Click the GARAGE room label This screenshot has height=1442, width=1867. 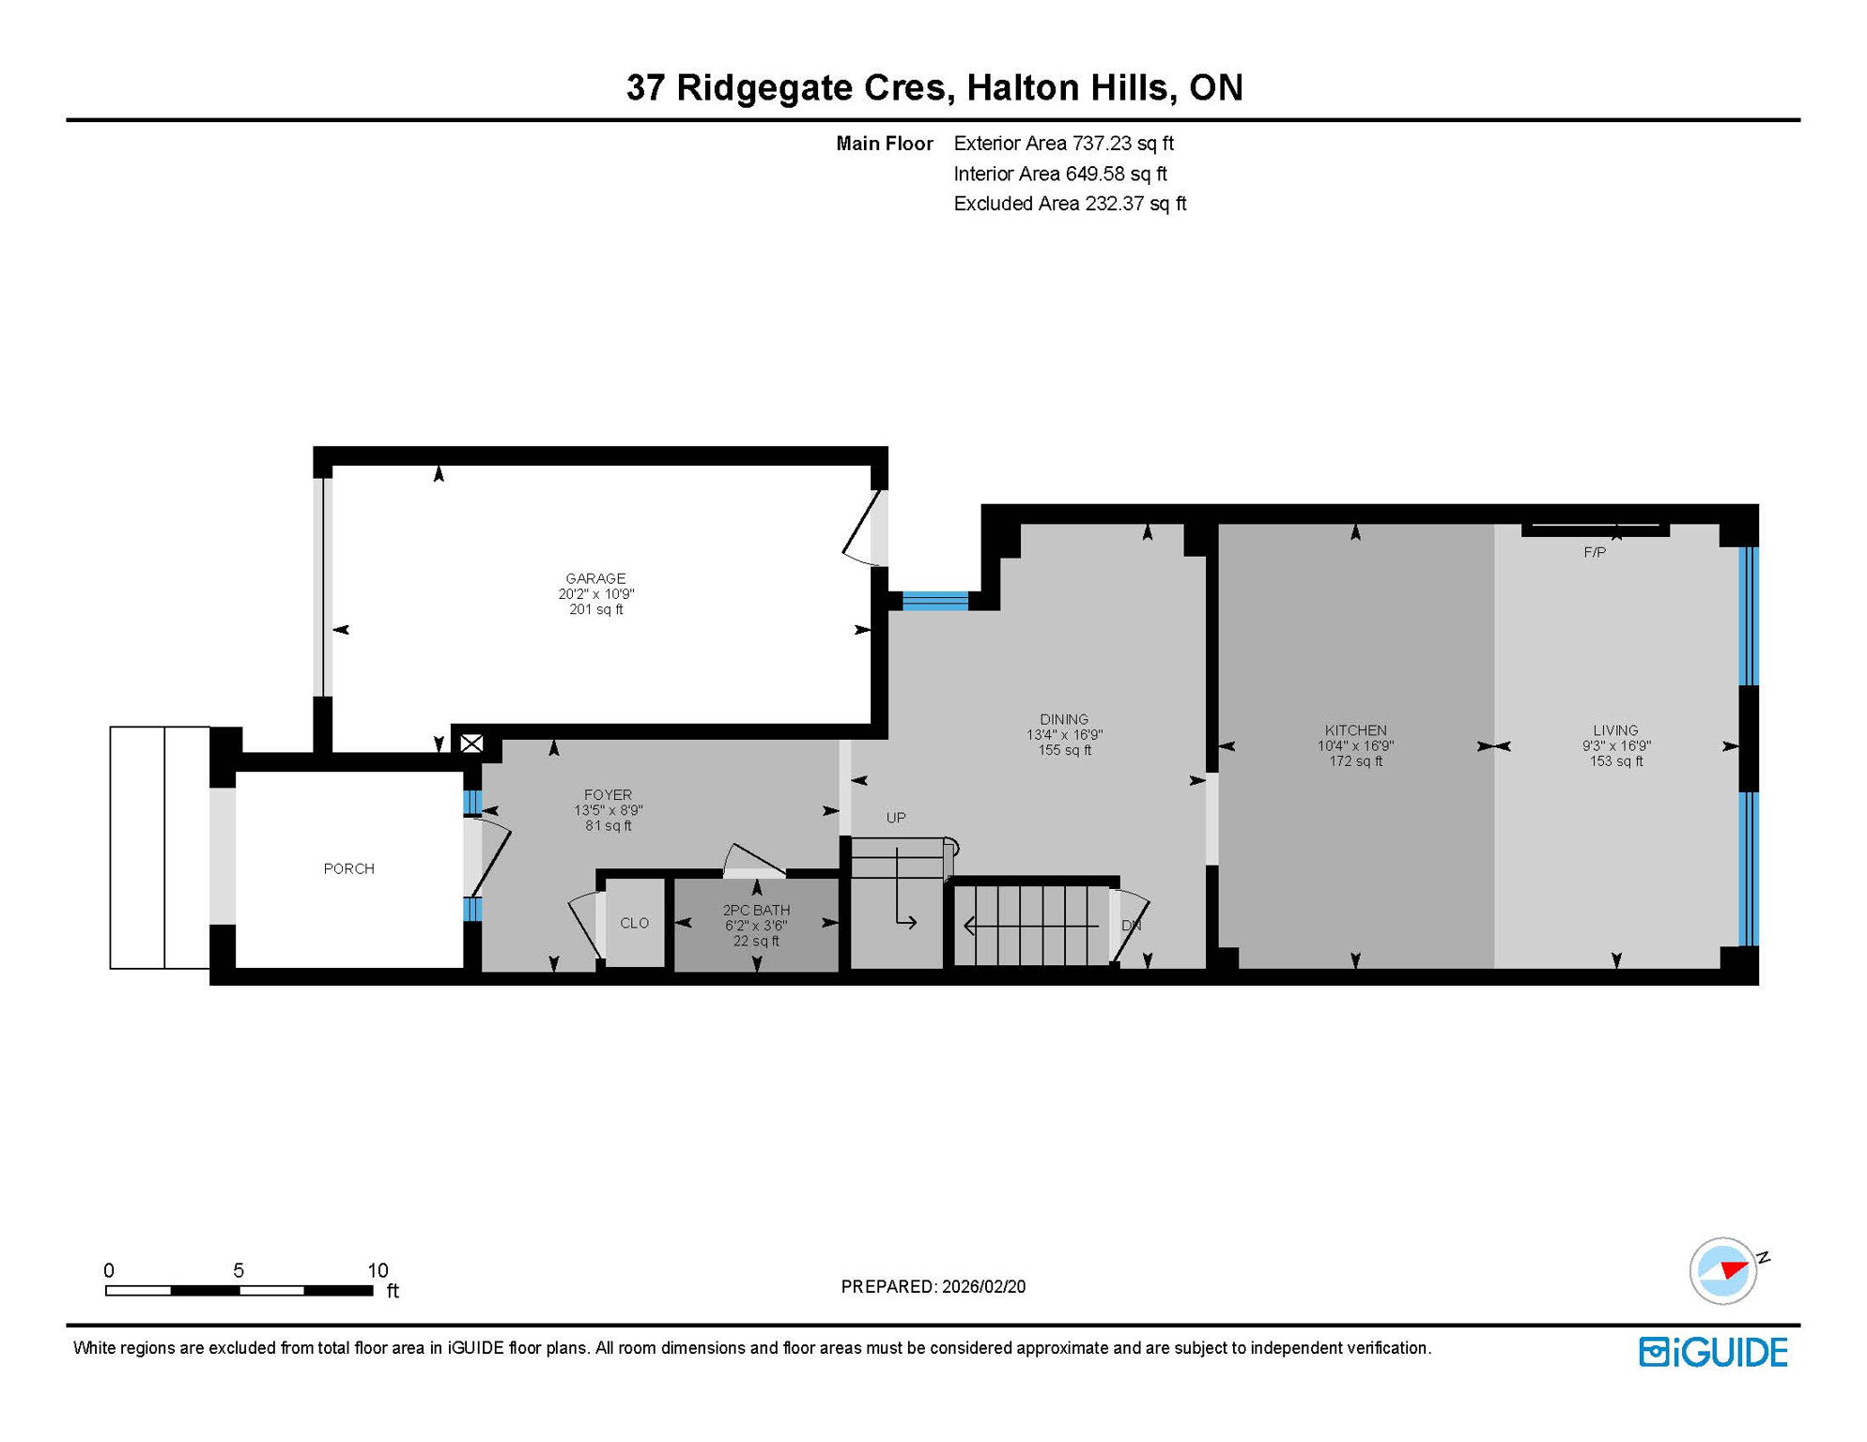pos(595,578)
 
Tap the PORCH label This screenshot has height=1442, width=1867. pos(348,868)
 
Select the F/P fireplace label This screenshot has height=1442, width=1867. pos(1595,553)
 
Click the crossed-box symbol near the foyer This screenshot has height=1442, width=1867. pos(471,744)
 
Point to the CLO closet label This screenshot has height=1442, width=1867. pos(634,923)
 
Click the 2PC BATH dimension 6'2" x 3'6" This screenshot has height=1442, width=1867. pos(755,926)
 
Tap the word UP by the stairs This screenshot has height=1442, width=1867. pos(896,818)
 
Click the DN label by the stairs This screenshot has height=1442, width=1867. pos(1131,926)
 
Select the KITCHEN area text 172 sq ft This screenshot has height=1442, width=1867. pos(1355,761)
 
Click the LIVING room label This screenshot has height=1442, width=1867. pos(1615,730)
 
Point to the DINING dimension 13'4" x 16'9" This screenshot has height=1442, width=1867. pos(1064,735)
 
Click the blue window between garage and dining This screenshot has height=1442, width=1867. pos(934,601)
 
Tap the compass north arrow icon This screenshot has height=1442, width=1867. pos(1724,1271)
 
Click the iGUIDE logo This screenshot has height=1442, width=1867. pos(1713,1352)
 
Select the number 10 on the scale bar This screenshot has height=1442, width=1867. pos(378,1270)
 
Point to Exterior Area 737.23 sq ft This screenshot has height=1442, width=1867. pos(1063,144)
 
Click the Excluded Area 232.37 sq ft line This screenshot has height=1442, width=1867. pos(1070,204)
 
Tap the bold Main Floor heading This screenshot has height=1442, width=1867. pos(884,144)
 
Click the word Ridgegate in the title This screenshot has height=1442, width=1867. pos(810,87)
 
